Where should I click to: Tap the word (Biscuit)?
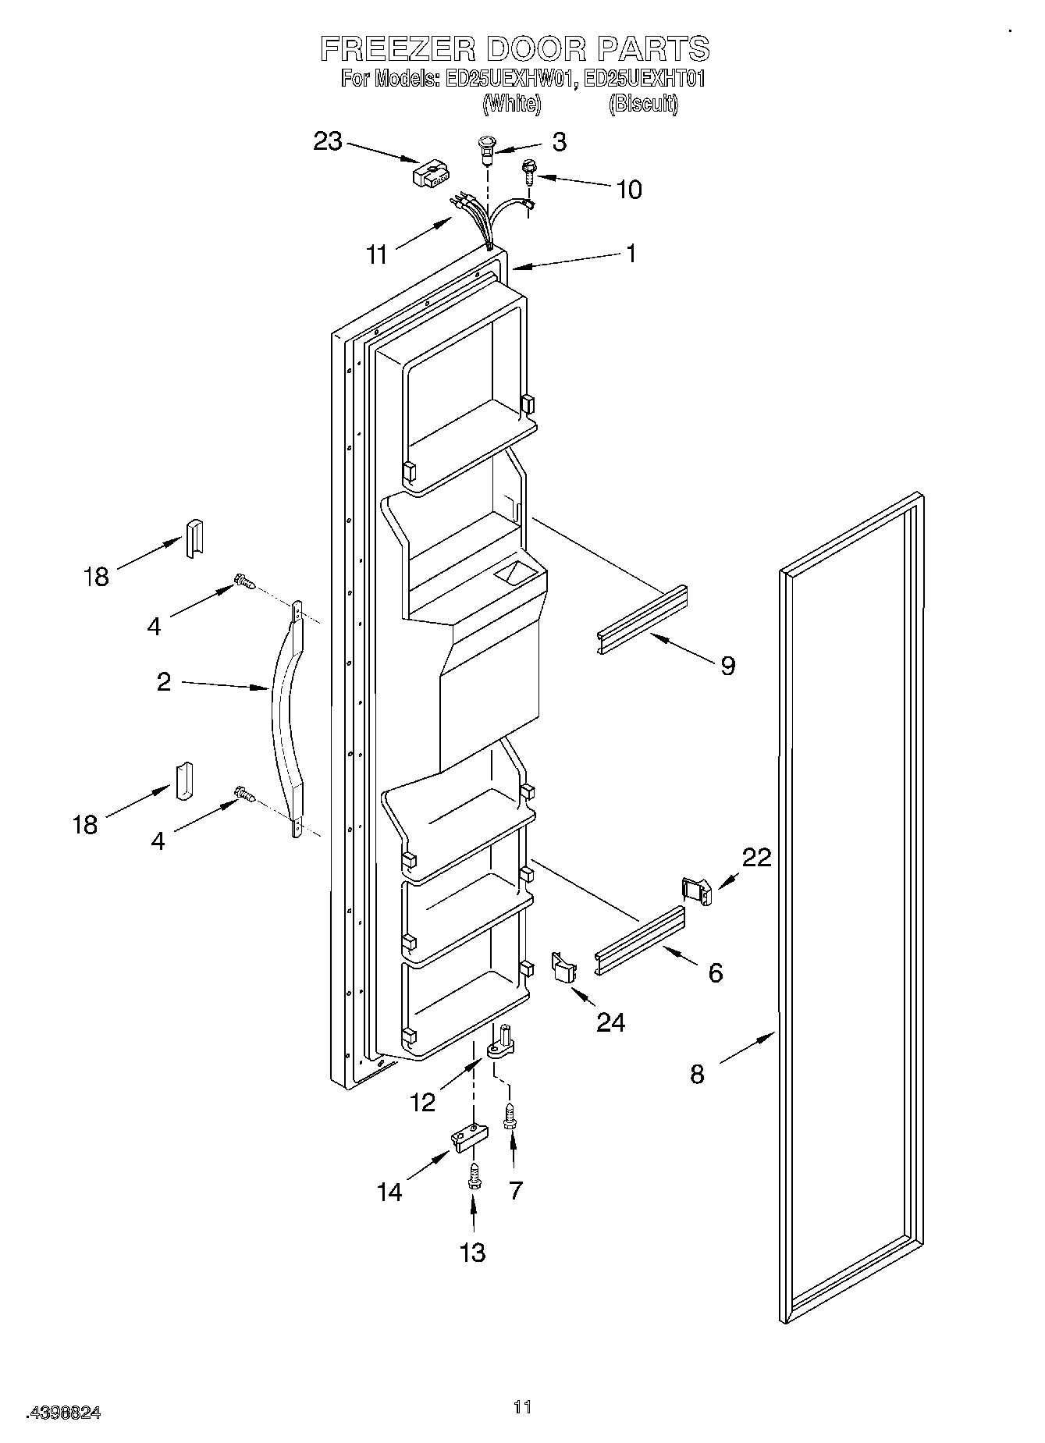click(643, 103)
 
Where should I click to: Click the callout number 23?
click(328, 141)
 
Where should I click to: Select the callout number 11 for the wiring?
click(377, 254)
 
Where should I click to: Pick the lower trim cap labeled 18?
click(184, 781)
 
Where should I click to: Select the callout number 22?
click(756, 857)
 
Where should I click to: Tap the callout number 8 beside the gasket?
click(697, 1074)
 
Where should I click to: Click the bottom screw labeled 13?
click(473, 1177)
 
